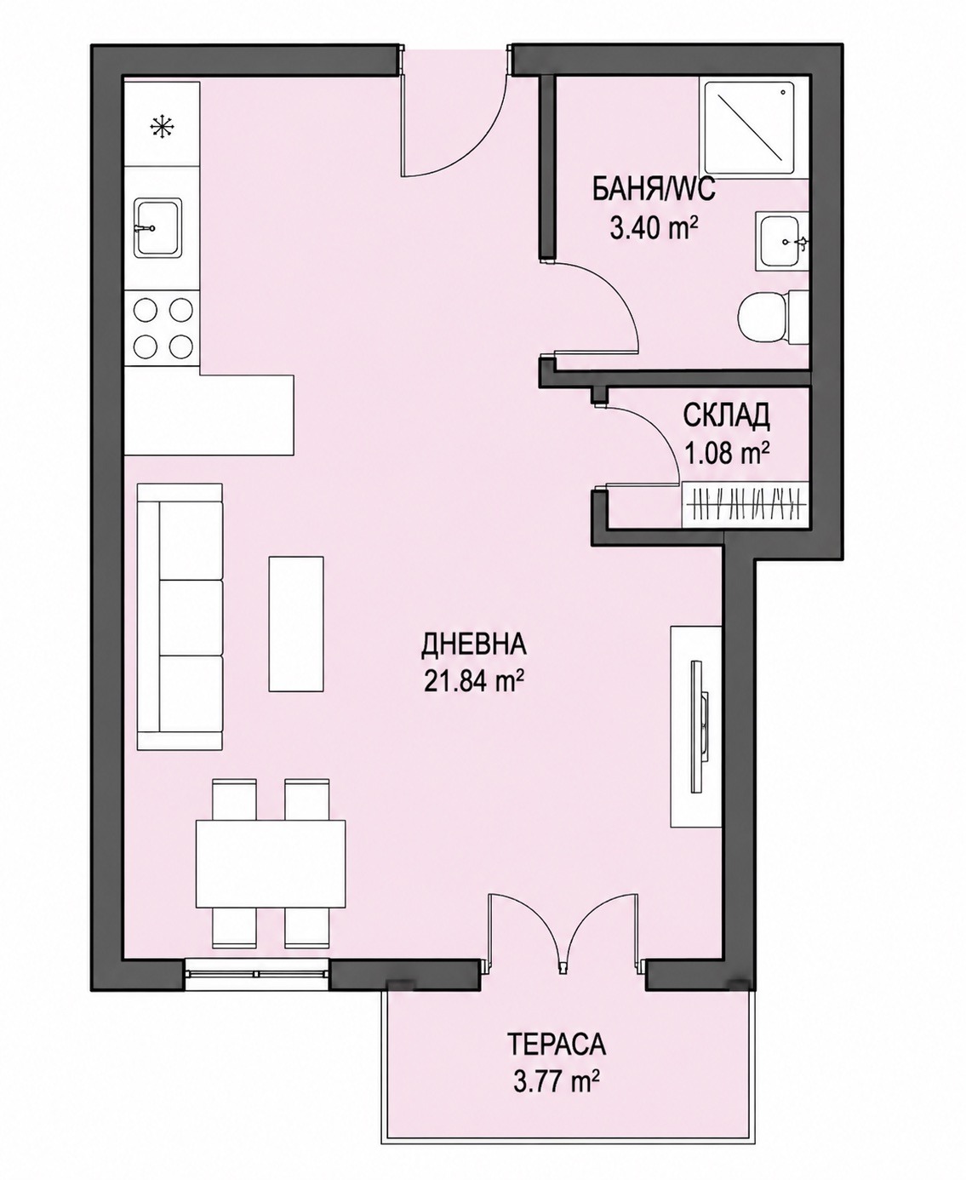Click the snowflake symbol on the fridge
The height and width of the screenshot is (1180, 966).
pyautogui.click(x=161, y=127)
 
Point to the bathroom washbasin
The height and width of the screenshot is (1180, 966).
pyautogui.click(x=782, y=242)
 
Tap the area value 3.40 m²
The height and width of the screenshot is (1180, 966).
pyautogui.click(x=654, y=229)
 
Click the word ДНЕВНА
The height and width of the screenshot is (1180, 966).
pyautogui.click(x=473, y=644)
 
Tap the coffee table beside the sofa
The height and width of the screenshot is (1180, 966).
pyautogui.click(x=296, y=623)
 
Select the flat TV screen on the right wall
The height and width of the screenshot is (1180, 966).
pyautogui.click(x=697, y=726)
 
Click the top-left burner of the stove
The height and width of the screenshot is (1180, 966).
pyautogui.click(x=146, y=309)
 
